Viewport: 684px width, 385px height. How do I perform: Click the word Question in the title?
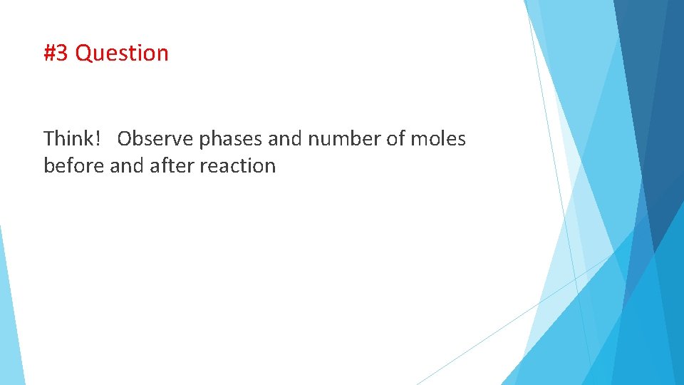(122, 53)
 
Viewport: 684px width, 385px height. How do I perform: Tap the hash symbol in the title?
(49, 53)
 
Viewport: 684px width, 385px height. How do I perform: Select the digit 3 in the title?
(63, 53)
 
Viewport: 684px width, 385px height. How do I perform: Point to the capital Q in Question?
(83, 53)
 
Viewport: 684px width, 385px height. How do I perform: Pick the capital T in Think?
(49, 139)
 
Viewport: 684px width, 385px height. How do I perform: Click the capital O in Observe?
(125, 139)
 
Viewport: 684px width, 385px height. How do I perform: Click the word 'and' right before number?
(285, 139)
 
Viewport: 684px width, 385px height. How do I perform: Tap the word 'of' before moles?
(395, 139)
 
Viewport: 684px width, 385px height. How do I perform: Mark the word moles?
(438, 139)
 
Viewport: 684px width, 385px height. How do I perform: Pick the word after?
(172, 166)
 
